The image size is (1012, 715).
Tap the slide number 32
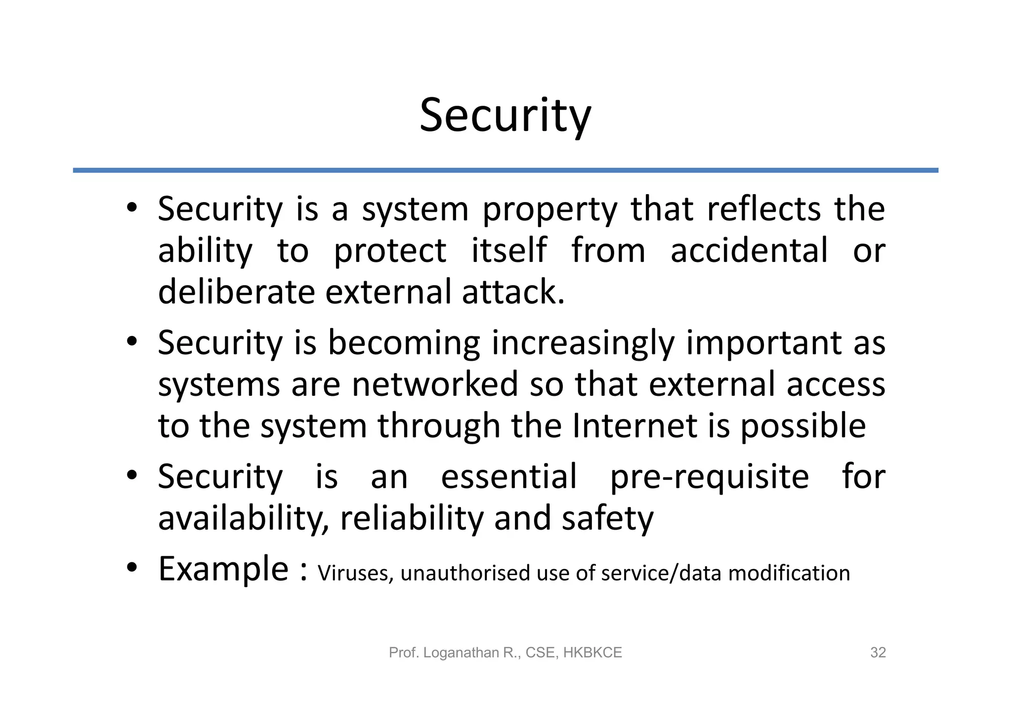878,653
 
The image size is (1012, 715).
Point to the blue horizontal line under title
505,170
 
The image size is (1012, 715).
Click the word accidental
749,250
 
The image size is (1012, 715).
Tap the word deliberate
236,292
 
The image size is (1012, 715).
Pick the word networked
434,384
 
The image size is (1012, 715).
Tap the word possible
802,426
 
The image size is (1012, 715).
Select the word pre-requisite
709,477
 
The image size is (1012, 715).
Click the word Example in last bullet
223,569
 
